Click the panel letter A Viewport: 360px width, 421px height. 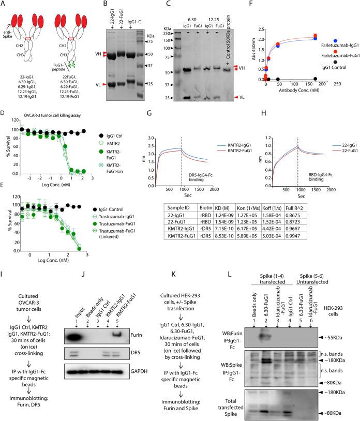coord(4,4)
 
